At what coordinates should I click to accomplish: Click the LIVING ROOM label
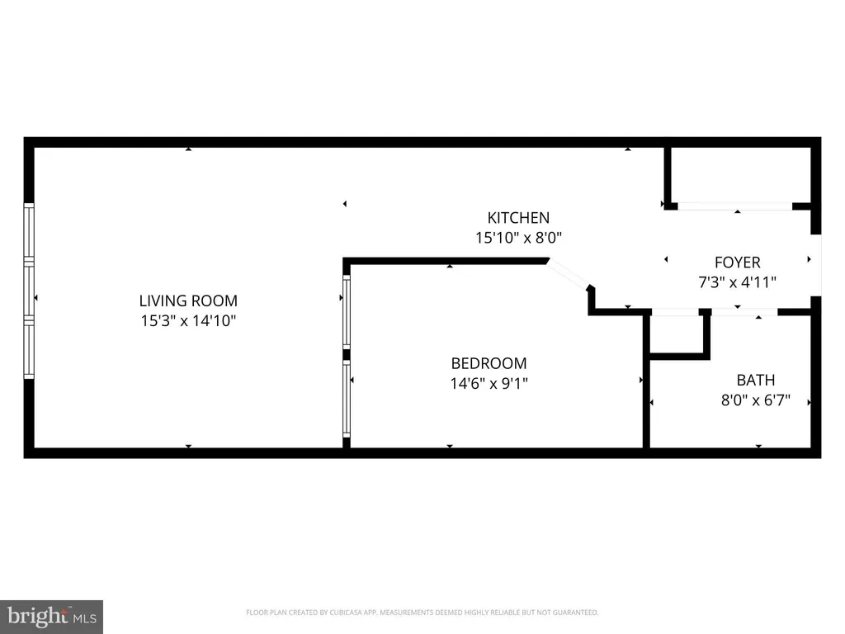tap(188, 301)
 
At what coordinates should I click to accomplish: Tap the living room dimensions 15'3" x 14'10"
tap(188, 320)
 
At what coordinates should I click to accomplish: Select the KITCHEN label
tap(518, 218)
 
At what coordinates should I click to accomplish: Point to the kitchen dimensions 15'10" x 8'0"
tap(518, 238)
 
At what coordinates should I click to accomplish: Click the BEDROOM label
tap(489, 363)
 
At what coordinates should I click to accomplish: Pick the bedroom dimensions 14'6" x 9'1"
tap(489, 383)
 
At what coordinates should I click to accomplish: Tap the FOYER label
tap(737, 263)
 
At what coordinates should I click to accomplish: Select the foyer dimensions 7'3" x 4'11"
tap(737, 282)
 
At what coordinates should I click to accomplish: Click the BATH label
tap(756, 381)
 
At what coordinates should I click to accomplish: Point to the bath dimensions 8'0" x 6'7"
tap(756, 401)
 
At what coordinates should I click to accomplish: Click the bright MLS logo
tap(51, 616)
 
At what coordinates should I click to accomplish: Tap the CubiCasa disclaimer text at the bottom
tap(422, 613)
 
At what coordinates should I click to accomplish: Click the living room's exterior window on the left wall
tap(29, 291)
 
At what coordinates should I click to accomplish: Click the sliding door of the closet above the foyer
tap(734, 206)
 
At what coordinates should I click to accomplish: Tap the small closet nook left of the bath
tap(677, 334)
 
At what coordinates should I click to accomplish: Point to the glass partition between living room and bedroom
tap(347, 355)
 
